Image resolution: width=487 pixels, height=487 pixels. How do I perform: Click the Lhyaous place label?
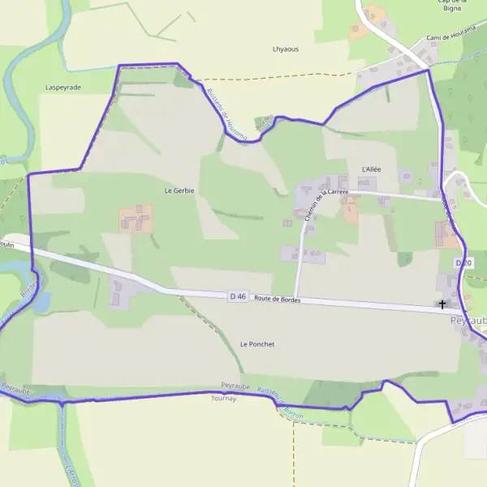[285, 49]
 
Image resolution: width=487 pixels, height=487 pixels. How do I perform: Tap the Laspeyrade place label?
[63, 86]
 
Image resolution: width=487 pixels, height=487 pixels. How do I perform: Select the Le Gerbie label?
[179, 190]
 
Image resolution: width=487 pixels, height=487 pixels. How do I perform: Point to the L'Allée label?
[371, 169]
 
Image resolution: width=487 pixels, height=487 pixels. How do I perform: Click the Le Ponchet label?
[257, 344]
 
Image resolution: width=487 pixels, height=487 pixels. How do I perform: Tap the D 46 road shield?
[238, 297]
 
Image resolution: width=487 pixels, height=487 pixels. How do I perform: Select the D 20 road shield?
[463, 263]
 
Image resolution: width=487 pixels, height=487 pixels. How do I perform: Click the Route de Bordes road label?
[277, 300]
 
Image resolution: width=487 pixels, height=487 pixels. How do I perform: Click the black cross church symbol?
[442, 305]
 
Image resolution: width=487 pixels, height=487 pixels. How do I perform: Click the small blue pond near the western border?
[41, 301]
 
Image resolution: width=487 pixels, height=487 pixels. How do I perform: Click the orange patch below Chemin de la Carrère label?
[351, 213]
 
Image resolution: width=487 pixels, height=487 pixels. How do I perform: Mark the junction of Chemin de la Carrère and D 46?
[295, 298]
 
